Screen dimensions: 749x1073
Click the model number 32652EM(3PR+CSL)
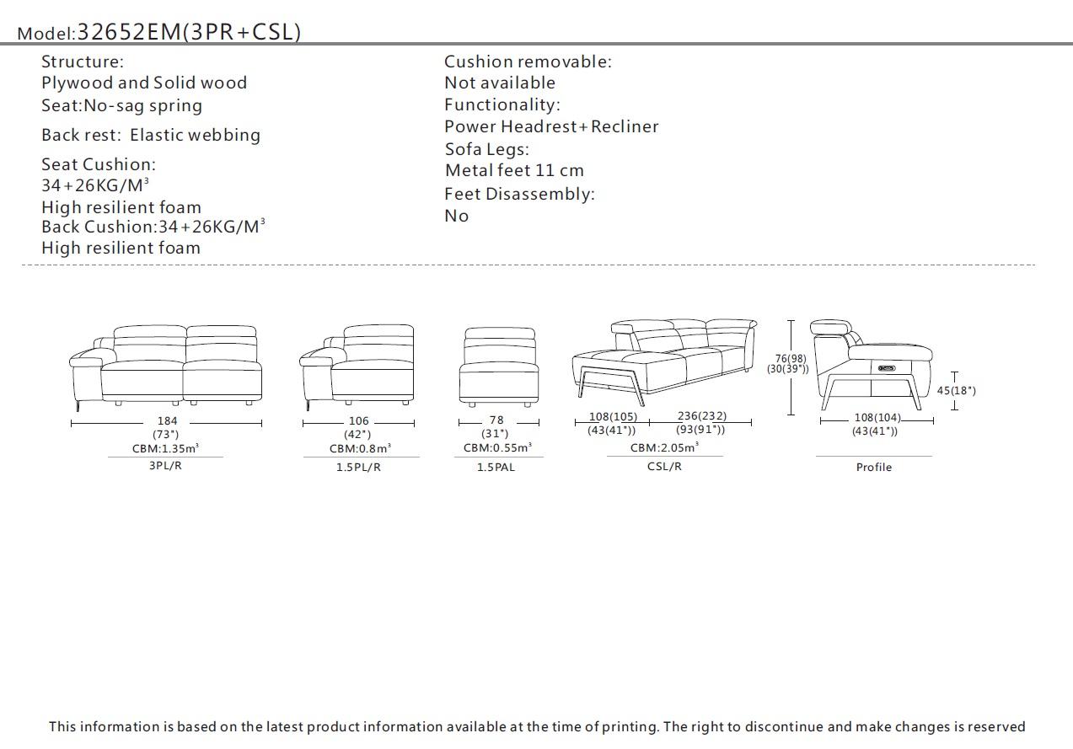tap(189, 32)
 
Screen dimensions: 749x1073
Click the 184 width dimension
tap(167, 421)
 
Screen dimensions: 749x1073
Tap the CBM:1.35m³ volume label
tap(165, 448)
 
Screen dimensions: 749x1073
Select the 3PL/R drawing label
tap(165, 465)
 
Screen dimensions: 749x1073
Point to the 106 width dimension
tap(359, 421)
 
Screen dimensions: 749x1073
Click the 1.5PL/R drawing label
tap(358, 467)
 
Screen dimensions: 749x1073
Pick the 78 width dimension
tap(496, 420)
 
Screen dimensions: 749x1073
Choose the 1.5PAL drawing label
tap(496, 467)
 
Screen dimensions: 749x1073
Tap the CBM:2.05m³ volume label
tap(664, 447)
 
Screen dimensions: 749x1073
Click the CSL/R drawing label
tap(664, 466)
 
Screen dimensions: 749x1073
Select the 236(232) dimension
tap(701, 416)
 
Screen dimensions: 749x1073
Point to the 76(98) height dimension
tap(791, 359)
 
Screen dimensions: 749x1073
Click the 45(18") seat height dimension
tap(956, 391)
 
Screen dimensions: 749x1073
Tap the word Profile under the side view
tap(874, 467)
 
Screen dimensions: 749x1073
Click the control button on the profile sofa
tap(886, 367)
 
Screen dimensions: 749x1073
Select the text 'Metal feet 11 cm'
tap(514, 171)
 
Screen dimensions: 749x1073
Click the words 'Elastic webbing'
tap(195, 135)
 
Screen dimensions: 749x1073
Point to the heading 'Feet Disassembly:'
tap(519, 194)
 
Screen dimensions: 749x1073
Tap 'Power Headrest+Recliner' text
tap(551, 126)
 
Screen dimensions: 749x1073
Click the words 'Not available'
tap(500, 83)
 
